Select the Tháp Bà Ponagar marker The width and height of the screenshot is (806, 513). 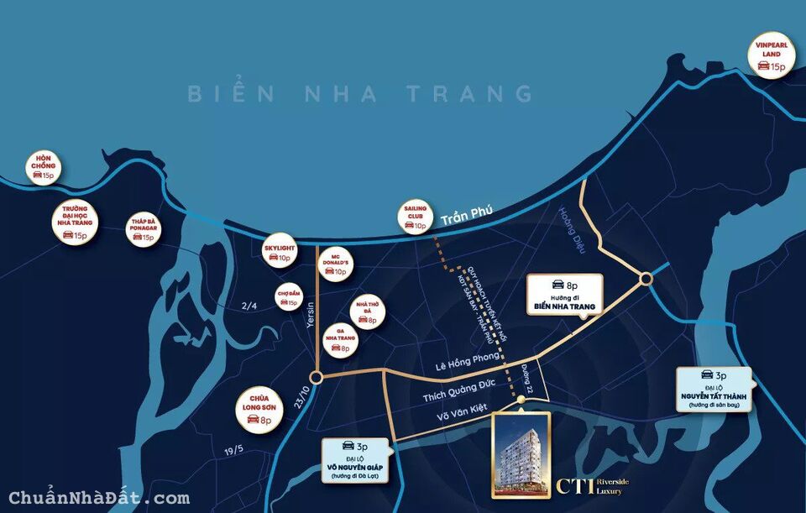[x=143, y=229]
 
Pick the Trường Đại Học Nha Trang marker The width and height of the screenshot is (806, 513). [x=74, y=222]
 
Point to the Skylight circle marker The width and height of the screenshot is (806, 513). [x=279, y=253]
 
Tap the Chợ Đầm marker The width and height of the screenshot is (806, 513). [x=287, y=296]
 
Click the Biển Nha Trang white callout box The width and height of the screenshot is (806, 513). [x=563, y=295]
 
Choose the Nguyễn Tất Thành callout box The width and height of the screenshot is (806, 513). [x=714, y=390]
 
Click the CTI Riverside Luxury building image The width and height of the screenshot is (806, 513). [x=521, y=454]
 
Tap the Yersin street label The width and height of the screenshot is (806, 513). [x=309, y=317]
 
